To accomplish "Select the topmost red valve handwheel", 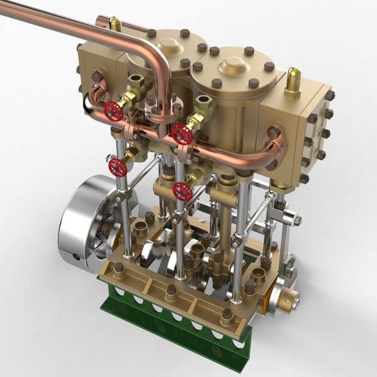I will click(114, 111).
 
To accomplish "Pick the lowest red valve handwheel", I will click(183, 191).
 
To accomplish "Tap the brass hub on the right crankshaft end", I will click(288, 302).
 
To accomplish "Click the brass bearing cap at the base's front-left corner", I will click(118, 270).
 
